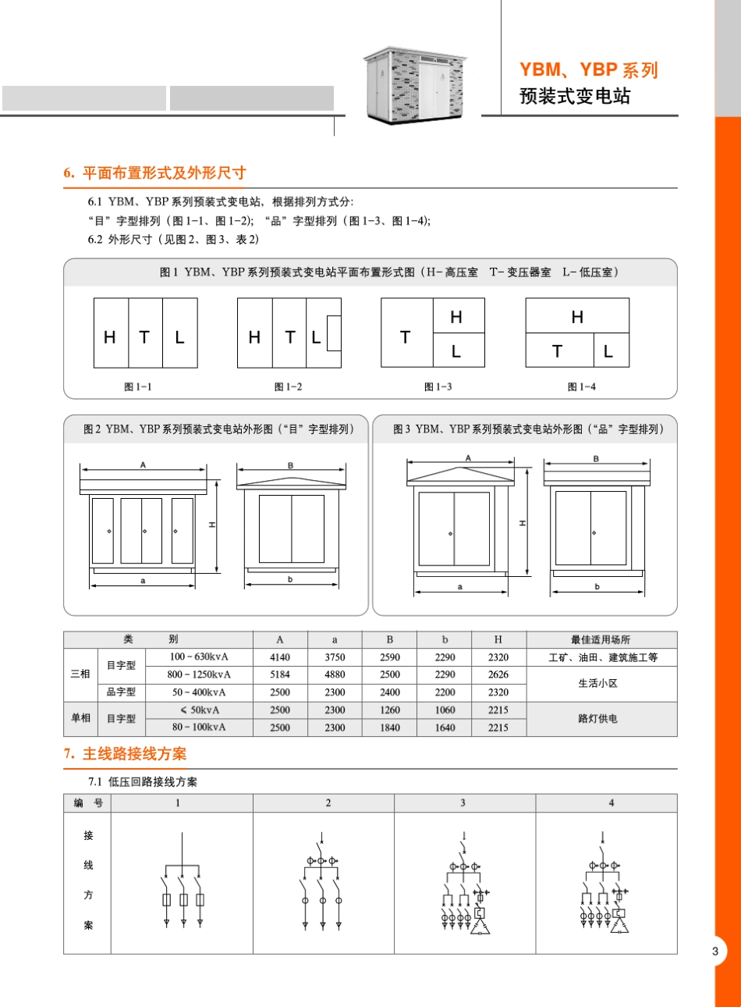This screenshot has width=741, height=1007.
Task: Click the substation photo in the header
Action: [x=414, y=84]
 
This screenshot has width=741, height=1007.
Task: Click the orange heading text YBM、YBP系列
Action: [x=589, y=70]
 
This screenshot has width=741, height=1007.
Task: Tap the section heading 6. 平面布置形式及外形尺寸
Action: [x=154, y=173]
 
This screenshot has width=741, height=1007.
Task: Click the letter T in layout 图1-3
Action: [x=405, y=337]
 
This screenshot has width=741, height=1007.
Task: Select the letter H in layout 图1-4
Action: [x=577, y=317]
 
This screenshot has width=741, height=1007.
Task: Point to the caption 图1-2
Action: [x=288, y=387]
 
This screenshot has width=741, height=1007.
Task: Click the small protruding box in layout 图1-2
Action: [x=334, y=333]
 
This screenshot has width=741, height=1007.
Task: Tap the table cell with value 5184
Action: [x=280, y=674]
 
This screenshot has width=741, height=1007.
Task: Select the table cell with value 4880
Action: [x=335, y=674]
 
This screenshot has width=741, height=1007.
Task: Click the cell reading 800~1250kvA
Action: [x=199, y=674]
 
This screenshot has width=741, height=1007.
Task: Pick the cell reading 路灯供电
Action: [x=597, y=719]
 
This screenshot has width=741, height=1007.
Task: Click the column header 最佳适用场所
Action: [x=600, y=639]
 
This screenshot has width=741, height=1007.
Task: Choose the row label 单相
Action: [x=80, y=718]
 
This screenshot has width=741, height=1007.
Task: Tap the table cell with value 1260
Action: [x=390, y=710]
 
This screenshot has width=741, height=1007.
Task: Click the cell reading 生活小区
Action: [x=597, y=683]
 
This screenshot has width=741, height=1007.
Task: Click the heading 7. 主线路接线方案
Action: [x=125, y=754]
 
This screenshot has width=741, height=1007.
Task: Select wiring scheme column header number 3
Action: [x=463, y=802]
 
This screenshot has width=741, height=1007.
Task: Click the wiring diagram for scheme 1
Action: [x=182, y=882]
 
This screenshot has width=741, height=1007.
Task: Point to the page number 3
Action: [x=715, y=951]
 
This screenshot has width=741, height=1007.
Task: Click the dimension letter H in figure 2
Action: [x=212, y=525]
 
